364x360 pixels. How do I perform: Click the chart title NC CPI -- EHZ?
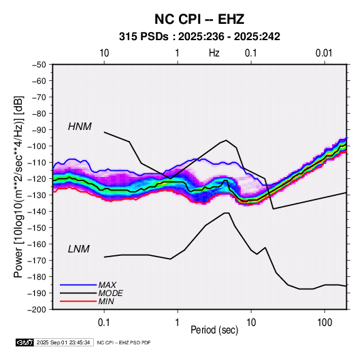[199, 19]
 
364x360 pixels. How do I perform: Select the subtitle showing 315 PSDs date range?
[199, 37]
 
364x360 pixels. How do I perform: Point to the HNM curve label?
[80, 127]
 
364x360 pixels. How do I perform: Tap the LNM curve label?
[79, 249]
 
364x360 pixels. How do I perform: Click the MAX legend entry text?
[107, 284]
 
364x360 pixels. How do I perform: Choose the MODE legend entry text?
[110, 293]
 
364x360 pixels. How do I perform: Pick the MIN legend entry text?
[106, 301]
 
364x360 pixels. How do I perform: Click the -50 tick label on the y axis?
[39, 65]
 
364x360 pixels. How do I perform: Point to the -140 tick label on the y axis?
[37, 212]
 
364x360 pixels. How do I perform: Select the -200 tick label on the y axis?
[37, 310]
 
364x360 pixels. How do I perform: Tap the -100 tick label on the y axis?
[37, 146]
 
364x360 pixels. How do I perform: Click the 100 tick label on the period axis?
[325, 323]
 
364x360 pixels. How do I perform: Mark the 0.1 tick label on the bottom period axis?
[104, 323]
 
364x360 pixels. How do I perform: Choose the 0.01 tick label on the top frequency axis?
[324, 53]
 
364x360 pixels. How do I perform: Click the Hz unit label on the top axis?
[214, 53]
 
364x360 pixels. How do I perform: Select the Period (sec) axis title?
[214, 330]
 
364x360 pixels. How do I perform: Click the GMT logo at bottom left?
[24, 342]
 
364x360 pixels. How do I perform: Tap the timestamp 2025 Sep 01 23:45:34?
[63, 342]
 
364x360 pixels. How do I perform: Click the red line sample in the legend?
[78, 301]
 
